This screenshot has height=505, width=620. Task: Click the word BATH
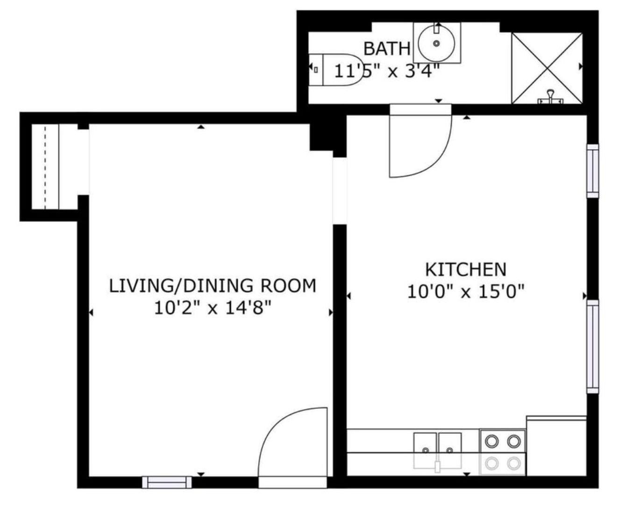pos(387,48)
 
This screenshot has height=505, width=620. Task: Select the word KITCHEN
pos(465,269)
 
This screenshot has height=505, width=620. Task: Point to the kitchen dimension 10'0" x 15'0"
pos(465,292)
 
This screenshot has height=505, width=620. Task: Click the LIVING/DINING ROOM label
pos(212,285)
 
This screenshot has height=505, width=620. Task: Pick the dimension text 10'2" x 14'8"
pos(212,308)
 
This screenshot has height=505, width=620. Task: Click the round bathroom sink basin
pos(436,43)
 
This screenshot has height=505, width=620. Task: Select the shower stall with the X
pos(547,68)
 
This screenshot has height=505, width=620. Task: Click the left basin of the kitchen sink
pos(425,444)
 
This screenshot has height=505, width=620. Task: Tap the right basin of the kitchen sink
pos(449,444)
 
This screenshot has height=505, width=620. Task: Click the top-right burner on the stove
pos(514,440)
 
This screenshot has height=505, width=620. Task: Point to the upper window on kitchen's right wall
pos(592,171)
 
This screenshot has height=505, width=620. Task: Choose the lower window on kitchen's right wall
pos(592,346)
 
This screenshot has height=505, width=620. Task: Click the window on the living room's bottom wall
pos(167,482)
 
